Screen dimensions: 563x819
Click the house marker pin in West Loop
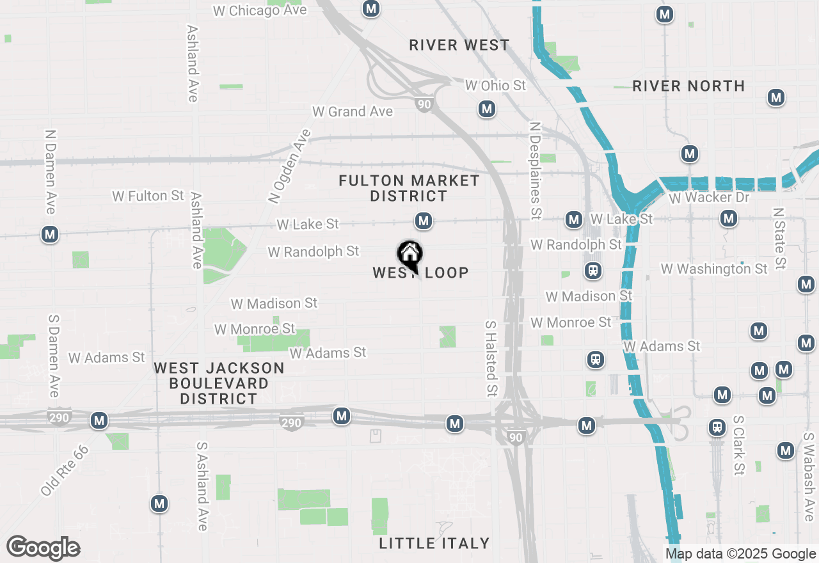(x=409, y=255)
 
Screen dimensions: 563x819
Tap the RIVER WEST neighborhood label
(x=459, y=45)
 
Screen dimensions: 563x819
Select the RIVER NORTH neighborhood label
(x=688, y=86)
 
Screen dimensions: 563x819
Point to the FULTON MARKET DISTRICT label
(x=409, y=189)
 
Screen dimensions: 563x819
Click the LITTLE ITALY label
(x=434, y=543)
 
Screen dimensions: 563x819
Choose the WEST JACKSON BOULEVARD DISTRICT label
(x=219, y=383)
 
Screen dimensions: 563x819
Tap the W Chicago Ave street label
(x=260, y=10)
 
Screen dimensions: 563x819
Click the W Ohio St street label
(x=495, y=85)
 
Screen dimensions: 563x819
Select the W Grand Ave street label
(x=353, y=111)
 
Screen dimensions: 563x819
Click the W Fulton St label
(x=148, y=196)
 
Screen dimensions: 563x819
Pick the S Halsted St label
(x=491, y=358)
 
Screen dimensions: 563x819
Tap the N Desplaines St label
(x=536, y=169)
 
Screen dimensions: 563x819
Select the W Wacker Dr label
(x=709, y=198)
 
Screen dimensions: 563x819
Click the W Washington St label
(x=714, y=269)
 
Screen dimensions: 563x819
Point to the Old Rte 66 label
(x=64, y=470)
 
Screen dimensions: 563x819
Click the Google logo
(x=43, y=548)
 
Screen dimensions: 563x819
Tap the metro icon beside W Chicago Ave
(x=370, y=8)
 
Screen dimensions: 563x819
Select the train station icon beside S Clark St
(x=718, y=427)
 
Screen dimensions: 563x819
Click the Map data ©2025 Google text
(x=740, y=554)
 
